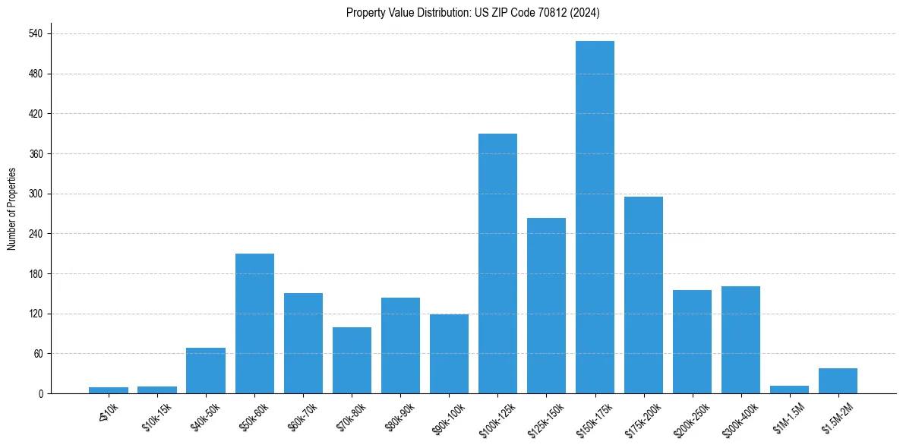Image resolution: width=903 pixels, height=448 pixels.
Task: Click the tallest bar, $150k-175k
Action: coord(595,217)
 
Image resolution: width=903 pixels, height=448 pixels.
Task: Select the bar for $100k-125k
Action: coord(497,263)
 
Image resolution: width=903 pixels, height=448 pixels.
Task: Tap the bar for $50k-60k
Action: coord(254,323)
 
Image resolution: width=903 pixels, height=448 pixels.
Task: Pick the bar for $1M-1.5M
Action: coord(789,390)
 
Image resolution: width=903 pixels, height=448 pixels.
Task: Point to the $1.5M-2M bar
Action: coord(838,380)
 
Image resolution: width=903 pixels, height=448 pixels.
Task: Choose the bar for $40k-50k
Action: coord(206,371)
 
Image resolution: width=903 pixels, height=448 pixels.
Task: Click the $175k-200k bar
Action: coord(643,295)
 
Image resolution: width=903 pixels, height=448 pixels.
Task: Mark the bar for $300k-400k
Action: coord(740,339)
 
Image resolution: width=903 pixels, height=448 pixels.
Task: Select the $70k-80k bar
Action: coord(352,360)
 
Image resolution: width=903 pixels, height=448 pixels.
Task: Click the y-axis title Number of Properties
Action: coord(12,209)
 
